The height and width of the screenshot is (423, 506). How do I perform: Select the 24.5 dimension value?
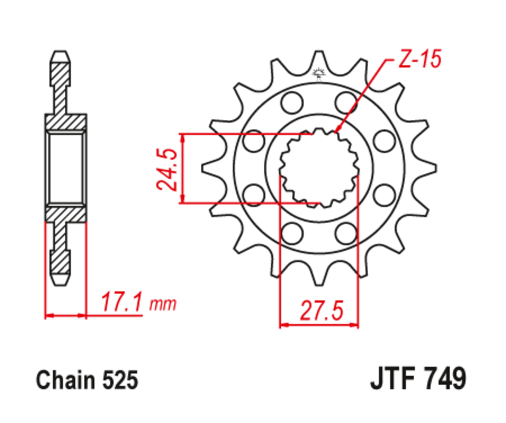point(168,169)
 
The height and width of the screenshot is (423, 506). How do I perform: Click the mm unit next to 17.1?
point(163,305)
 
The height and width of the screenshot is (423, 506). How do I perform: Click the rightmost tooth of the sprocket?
point(430,168)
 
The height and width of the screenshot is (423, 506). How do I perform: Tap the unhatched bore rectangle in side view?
point(65,168)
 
